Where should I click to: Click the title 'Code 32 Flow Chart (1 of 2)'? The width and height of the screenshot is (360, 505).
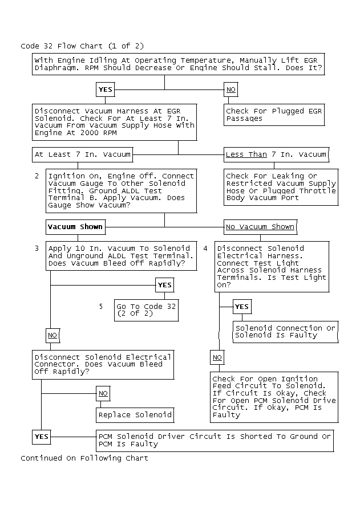tap(82, 46)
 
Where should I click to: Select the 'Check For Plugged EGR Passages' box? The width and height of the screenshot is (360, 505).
tap(274, 115)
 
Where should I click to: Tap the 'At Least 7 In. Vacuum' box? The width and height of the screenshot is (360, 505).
tap(83, 154)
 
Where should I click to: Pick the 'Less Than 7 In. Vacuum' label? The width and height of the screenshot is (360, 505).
tap(276, 154)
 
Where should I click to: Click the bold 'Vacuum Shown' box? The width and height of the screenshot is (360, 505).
tap(75, 227)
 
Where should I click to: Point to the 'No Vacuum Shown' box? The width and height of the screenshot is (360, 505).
tap(260, 227)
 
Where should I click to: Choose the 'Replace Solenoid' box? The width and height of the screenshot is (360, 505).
tap(134, 415)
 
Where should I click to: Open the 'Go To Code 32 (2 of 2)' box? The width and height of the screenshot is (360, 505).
tap(147, 310)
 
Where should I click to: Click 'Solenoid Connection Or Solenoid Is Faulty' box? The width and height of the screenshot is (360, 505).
tap(285, 332)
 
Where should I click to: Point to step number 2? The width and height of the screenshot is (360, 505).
tap(37, 176)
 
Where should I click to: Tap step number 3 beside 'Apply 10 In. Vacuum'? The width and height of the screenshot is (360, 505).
tap(37, 249)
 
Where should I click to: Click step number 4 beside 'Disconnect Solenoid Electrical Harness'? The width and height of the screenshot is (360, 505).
tap(205, 249)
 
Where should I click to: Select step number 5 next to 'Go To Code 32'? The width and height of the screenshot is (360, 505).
tap(101, 307)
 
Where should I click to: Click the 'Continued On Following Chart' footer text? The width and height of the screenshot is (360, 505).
tap(84, 458)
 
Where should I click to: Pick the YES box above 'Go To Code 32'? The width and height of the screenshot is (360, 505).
tap(164, 285)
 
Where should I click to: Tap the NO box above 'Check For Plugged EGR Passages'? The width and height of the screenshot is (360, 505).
tap(230, 90)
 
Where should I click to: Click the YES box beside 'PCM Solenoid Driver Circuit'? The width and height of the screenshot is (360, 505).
tap(42, 437)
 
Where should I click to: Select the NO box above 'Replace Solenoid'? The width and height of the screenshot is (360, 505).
tap(103, 393)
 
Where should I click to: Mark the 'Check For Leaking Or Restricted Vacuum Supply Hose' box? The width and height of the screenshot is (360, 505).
tap(281, 187)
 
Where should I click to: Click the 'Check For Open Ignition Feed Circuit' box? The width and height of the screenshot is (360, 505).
tap(274, 397)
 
